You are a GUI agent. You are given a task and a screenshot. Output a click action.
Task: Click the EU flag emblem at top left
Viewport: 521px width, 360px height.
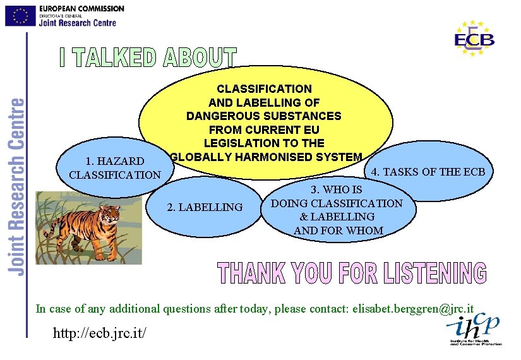(20, 16)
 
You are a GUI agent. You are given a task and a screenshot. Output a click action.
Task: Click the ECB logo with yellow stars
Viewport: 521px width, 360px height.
(474, 38)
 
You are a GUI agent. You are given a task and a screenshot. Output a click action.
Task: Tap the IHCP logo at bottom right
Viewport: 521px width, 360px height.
(474, 328)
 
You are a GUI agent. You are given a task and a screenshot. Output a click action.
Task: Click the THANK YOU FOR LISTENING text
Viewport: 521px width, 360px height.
(352, 273)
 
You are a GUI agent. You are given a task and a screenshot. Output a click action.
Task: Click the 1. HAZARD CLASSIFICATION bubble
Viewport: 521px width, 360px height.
(107, 168)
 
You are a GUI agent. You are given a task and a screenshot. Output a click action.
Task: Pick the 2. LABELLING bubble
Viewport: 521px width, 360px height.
(204, 207)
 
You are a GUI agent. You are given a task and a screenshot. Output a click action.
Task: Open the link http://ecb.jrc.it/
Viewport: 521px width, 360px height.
(101, 331)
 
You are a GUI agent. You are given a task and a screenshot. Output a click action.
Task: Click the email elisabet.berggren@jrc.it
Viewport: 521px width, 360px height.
(413, 309)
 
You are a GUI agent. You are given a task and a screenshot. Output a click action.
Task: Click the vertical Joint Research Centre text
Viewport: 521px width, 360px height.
(17, 186)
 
